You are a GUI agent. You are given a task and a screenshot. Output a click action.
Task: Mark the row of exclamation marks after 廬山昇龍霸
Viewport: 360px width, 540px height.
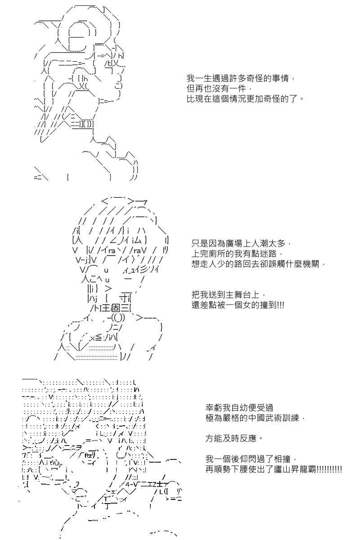pos(329,468)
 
